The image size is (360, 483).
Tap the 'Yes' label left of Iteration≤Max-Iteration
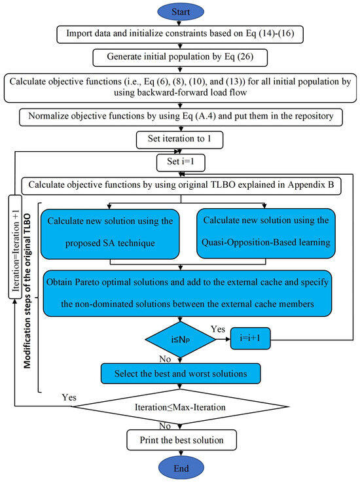[68, 397]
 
